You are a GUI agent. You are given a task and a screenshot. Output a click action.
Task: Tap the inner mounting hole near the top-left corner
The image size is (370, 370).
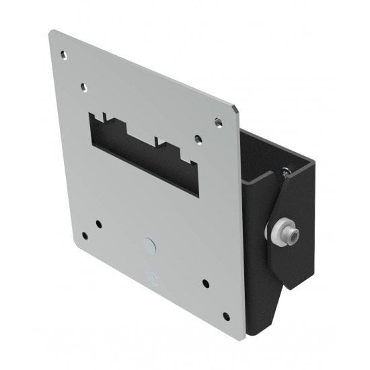[84, 87]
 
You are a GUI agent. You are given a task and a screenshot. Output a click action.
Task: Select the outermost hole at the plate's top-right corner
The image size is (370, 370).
[217, 122]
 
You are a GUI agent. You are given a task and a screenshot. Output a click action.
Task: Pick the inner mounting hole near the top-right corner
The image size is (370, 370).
[198, 139]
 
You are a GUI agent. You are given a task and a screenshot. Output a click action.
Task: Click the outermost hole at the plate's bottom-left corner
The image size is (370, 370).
[84, 235]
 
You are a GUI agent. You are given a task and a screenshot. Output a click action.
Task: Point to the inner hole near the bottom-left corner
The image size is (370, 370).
[99, 223]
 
